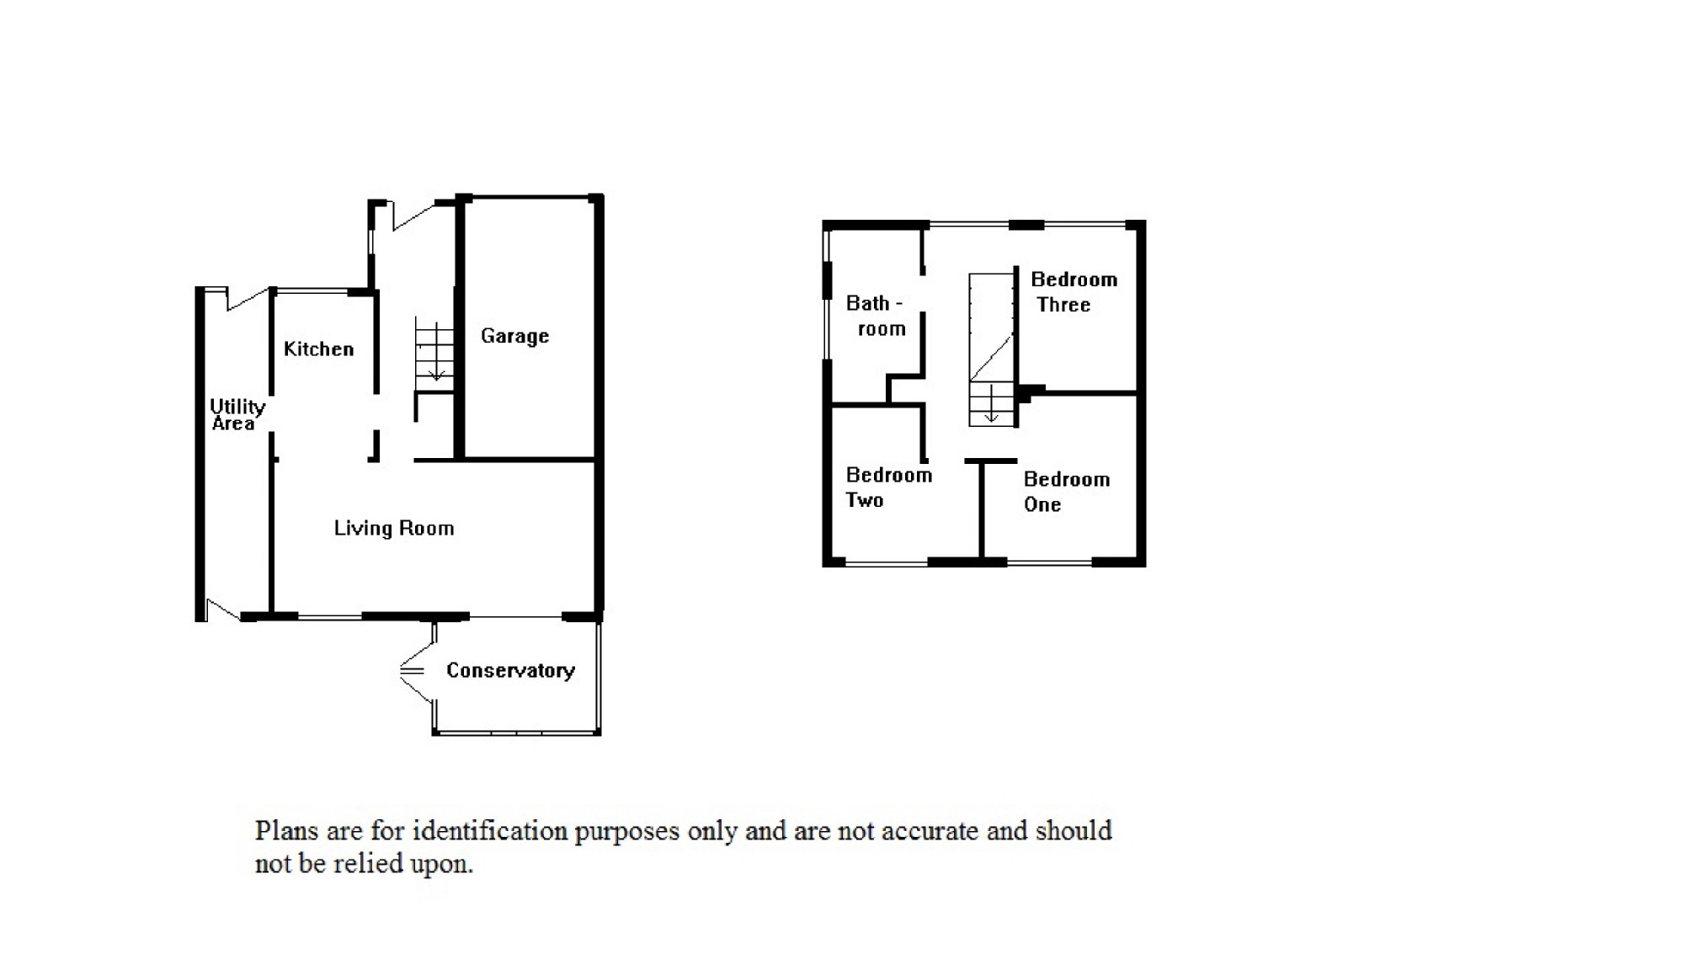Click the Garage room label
(x=514, y=336)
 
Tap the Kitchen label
(x=318, y=349)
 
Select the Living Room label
(x=393, y=528)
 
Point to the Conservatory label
(x=510, y=670)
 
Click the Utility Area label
(x=237, y=415)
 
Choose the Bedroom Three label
(x=1073, y=291)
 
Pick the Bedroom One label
(x=1066, y=492)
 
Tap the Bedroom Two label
(x=888, y=487)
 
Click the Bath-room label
(x=875, y=316)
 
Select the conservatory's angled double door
(x=416, y=671)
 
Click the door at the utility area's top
(x=246, y=299)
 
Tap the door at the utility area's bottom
(x=223, y=610)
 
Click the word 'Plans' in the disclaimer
(x=286, y=831)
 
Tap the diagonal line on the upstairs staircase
(x=991, y=359)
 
